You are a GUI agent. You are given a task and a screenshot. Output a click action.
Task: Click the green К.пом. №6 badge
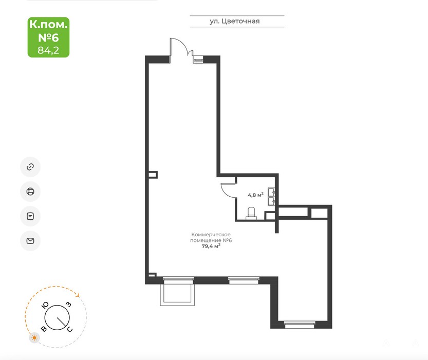point(48,37)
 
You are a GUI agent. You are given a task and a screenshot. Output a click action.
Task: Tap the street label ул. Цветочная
point(234,21)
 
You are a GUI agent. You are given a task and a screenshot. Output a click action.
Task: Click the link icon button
point(30,167)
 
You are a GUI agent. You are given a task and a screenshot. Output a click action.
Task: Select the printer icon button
point(30,192)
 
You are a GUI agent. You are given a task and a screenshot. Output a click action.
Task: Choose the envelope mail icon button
point(30,241)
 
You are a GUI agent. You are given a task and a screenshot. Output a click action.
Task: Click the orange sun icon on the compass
point(34,338)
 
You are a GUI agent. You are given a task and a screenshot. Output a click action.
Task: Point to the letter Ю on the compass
point(45,305)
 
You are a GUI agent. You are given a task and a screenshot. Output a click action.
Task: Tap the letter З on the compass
point(69,305)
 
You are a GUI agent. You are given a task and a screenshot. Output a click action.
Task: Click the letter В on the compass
point(44,329)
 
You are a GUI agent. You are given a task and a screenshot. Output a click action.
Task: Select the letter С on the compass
point(70,329)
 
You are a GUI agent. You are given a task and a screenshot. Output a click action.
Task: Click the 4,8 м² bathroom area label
point(255,195)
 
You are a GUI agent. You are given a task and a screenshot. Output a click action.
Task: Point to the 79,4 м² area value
point(211,246)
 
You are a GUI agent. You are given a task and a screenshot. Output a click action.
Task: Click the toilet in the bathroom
point(251,213)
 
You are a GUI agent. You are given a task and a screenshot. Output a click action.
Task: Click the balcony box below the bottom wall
point(177,294)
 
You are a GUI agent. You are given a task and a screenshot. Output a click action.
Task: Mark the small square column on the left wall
point(153,175)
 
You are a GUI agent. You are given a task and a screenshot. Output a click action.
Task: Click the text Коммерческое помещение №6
point(211,237)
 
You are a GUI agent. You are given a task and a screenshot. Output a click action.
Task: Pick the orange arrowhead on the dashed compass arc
point(78,295)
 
